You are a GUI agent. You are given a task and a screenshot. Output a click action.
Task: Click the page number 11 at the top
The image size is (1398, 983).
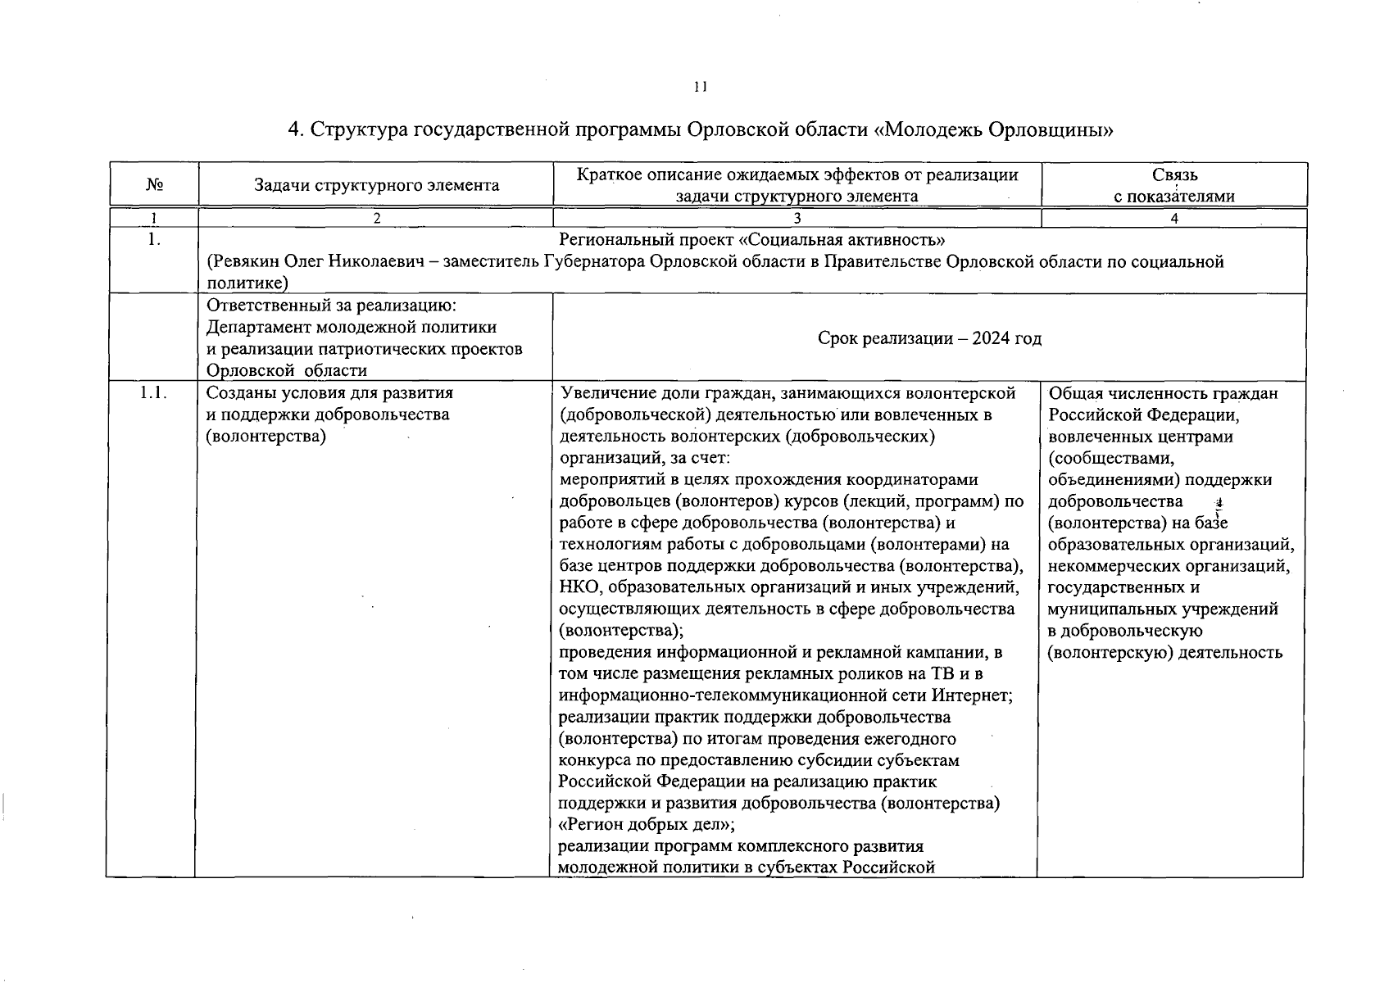click(x=700, y=86)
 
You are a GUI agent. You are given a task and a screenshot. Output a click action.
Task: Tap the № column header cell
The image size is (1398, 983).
click(x=154, y=185)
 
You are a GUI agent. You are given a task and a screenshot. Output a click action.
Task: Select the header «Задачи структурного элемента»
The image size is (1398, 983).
click(x=376, y=185)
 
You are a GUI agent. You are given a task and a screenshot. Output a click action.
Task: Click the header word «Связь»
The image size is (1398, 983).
click(x=1174, y=174)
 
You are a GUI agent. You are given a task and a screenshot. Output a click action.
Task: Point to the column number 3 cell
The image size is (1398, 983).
click(x=797, y=219)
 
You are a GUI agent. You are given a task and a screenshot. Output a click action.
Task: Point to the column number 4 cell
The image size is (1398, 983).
click(x=1174, y=219)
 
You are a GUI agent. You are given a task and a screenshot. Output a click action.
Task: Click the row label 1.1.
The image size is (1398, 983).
click(x=152, y=393)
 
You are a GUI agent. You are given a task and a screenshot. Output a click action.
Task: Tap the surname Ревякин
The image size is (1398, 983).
click(x=241, y=261)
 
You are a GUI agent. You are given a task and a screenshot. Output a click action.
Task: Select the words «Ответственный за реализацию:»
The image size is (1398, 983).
click(x=331, y=306)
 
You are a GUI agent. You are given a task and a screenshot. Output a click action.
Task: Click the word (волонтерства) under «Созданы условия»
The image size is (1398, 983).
click(x=266, y=436)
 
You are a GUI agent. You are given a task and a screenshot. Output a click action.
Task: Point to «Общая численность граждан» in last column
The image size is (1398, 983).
click(x=1163, y=393)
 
